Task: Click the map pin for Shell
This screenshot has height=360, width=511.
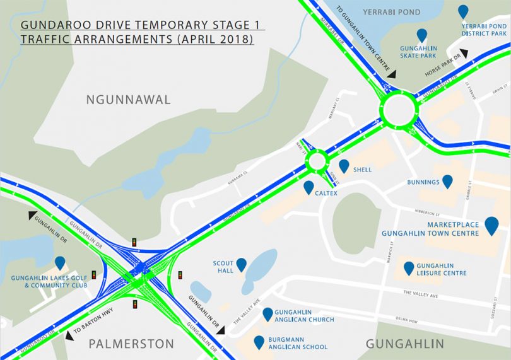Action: point(344,166)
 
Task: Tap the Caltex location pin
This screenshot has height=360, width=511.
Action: point(308,187)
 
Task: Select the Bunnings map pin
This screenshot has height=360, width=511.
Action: point(447,182)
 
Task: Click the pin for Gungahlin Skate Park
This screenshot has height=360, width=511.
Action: point(421,35)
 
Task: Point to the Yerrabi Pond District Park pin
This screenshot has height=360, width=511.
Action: point(463,11)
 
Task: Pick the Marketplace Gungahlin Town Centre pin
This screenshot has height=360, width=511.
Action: point(491,224)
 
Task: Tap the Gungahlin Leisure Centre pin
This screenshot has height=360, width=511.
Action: point(409,268)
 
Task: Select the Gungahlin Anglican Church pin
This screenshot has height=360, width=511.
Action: point(267,313)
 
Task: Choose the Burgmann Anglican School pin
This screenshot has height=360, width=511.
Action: point(259,342)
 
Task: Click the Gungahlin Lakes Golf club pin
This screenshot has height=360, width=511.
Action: point(60,263)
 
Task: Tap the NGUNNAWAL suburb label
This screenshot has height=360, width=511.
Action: point(129,100)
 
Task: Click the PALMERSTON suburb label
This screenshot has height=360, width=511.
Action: point(131,344)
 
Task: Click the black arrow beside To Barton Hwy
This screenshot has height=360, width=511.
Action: point(68,335)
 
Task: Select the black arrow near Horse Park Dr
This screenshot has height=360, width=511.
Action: point(464,53)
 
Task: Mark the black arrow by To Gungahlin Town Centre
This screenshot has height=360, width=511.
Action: point(391,74)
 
